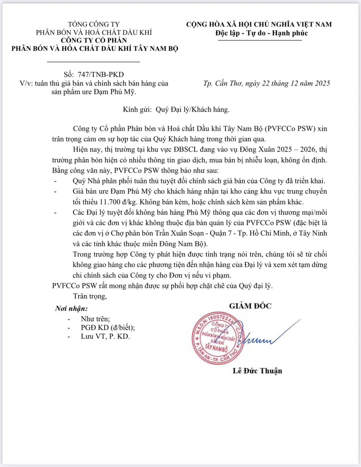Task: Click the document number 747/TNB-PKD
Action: click(100, 75)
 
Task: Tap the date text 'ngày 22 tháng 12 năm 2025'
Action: click(288, 83)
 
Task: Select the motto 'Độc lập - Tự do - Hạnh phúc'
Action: click(261, 33)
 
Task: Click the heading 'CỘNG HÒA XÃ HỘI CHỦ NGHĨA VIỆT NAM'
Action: click(259, 24)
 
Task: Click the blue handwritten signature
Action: click(266, 337)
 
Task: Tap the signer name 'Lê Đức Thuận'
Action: click(257, 371)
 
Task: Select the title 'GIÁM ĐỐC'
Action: click(250, 306)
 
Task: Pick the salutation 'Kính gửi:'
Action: click(137, 110)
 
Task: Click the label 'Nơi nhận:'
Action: click(71, 309)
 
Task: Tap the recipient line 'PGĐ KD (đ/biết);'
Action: click(108, 327)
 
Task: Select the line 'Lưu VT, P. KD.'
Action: click(105, 336)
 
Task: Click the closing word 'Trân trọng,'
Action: click(90, 296)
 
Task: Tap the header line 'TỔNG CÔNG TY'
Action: click(94, 24)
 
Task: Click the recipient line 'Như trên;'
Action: click(95, 319)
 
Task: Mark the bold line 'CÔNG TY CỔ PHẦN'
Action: click(94, 40)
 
